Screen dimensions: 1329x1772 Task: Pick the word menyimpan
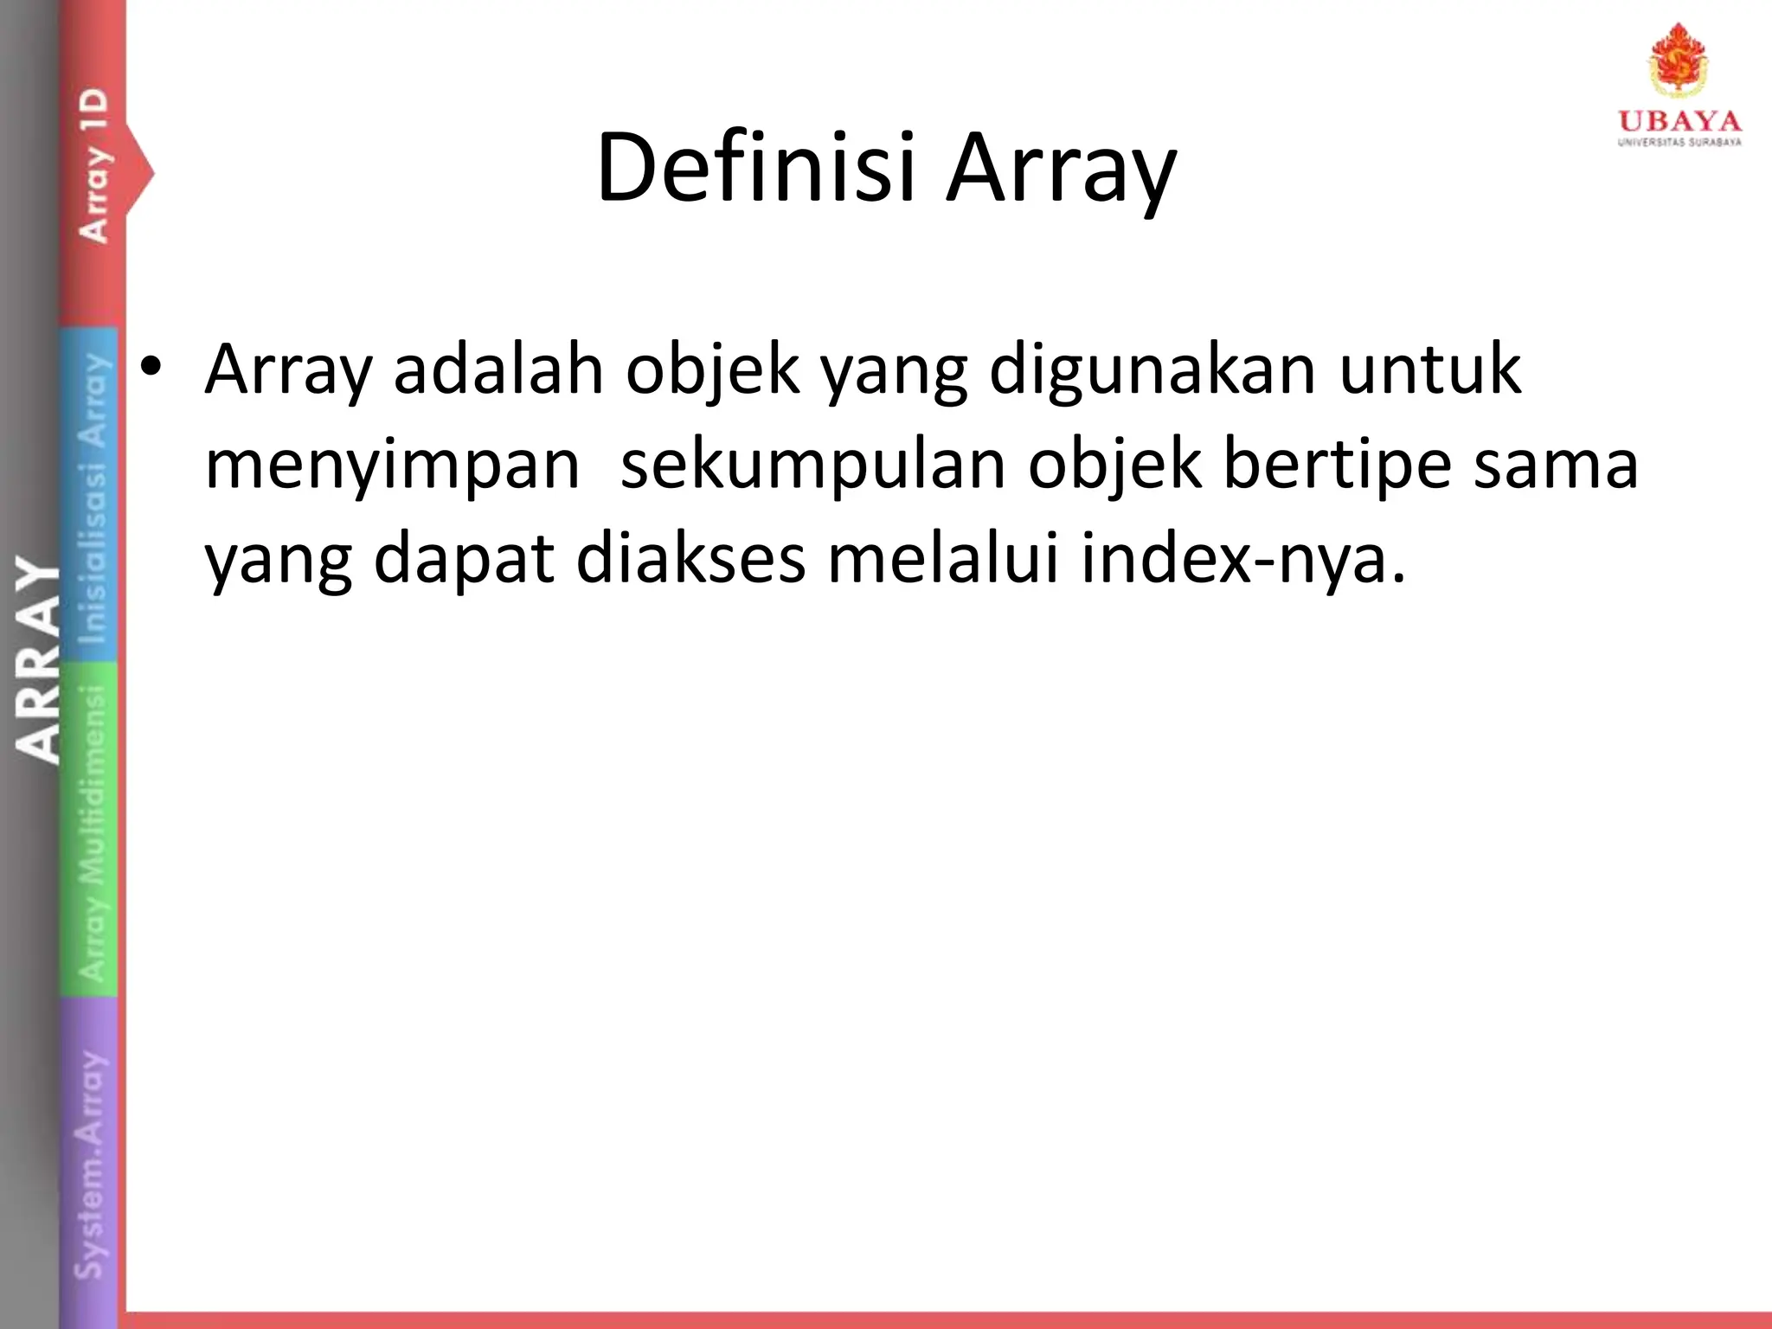392,465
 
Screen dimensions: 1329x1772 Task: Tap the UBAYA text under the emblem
1679,120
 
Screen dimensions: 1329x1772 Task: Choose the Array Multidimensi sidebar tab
92,831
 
